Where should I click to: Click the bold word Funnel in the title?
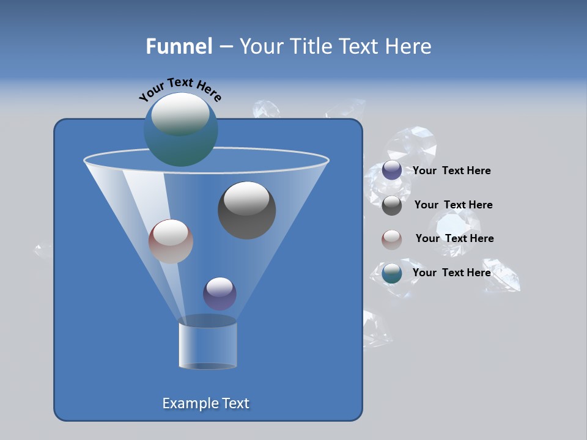point(179,46)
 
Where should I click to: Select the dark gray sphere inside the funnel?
point(247,210)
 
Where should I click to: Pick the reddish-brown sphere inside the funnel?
point(171,241)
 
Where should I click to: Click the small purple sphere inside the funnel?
point(220,294)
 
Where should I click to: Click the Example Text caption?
point(206,403)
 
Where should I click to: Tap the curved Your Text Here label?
point(180,89)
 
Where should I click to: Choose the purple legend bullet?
point(392,170)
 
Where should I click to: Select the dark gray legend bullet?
point(392,205)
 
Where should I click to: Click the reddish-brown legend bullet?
point(392,240)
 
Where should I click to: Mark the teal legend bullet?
point(392,273)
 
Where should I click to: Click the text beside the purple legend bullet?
point(451,171)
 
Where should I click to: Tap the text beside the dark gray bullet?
point(453,205)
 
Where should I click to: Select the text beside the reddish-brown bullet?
point(454,238)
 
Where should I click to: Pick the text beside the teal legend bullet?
point(451,273)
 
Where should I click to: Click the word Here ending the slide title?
point(410,46)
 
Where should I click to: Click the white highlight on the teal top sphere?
point(180,114)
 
